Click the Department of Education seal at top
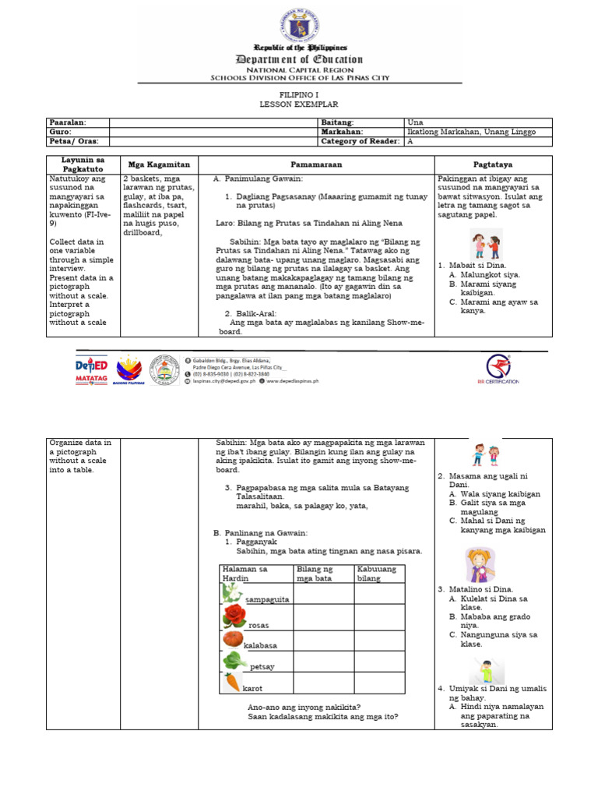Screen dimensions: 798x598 (300, 23)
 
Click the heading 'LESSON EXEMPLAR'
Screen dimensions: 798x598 (299, 104)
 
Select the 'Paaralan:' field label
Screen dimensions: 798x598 (67, 122)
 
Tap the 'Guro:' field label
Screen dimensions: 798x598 (61, 132)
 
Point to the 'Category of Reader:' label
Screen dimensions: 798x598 (360, 141)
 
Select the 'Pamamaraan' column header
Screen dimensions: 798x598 (316, 165)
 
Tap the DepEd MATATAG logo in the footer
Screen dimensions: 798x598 (91, 371)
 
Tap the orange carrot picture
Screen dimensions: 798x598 (232, 682)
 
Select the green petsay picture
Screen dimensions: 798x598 (234, 661)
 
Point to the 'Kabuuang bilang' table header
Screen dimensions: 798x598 (377, 574)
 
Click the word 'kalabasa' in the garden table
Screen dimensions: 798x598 (260, 646)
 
